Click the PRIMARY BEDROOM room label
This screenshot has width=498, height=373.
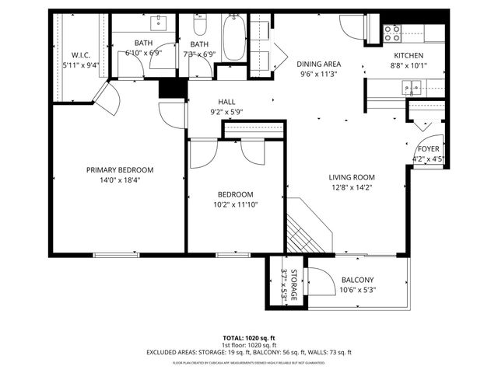pos(119,170)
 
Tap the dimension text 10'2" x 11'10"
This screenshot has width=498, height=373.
pos(234,204)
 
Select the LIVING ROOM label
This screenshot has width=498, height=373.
pos(351,176)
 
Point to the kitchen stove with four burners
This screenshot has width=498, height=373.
pos(393,33)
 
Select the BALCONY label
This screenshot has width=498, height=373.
pos(357,281)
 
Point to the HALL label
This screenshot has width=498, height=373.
pos(226,102)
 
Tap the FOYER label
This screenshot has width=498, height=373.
pos(428,148)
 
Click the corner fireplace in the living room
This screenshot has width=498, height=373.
pos(307,227)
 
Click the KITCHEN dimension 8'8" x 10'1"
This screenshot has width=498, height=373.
pos(408,65)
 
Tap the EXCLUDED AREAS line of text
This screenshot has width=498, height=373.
pos(248,352)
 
